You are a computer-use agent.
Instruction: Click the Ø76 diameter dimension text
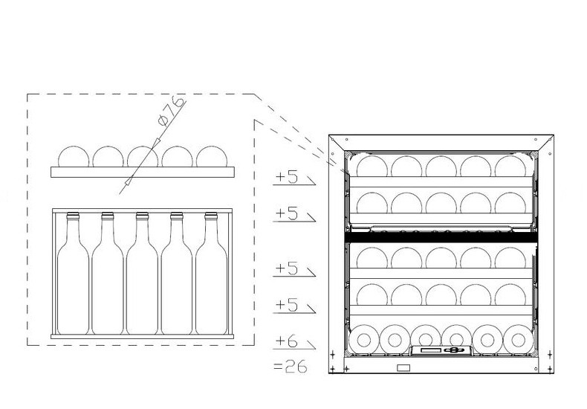click(x=172, y=111)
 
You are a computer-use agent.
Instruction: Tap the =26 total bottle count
click(x=291, y=367)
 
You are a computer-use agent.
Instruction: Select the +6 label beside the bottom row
click(x=286, y=341)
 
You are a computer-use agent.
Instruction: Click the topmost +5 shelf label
click(x=286, y=177)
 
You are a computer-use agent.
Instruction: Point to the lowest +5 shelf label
click(x=286, y=305)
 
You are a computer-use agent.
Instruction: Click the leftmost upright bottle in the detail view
click(x=73, y=274)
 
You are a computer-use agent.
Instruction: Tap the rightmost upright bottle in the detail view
click(x=211, y=274)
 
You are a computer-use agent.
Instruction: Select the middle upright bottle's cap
click(x=142, y=216)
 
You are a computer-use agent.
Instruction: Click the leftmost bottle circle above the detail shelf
click(x=74, y=157)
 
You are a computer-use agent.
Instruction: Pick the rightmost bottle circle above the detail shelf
click(x=212, y=157)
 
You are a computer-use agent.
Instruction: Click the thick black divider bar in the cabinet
click(x=441, y=237)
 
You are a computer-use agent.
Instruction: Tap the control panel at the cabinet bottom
click(x=442, y=350)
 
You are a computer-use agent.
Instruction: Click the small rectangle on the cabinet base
click(x=403, y=368)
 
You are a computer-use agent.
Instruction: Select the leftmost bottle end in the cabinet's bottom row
click(x=363, y=340)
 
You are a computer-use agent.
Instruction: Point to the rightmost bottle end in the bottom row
click(x=518, y=340)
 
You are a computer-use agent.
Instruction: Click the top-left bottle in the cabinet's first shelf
click(x=372, y=167)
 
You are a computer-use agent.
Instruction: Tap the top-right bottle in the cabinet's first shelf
click(x=510, y=167)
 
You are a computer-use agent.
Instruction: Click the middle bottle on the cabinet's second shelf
click(x=441, y=203)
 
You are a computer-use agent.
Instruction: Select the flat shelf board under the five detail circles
click(x=143, y=172)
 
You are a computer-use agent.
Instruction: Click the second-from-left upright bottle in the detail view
click(x=108, y=274)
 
